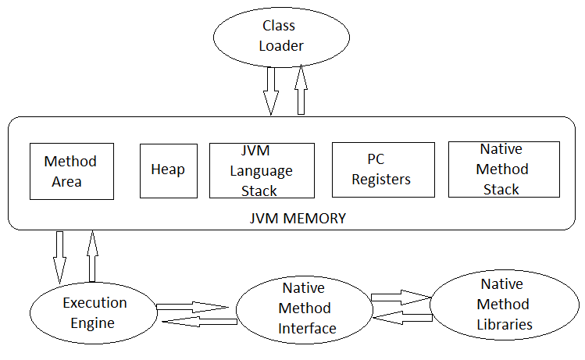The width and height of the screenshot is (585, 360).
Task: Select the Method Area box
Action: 70,171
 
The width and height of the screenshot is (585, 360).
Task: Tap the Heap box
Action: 168,169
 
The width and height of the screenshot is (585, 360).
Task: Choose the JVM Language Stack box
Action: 262,170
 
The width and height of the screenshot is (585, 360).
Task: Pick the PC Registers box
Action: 383,169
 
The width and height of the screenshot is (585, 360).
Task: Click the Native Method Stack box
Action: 504,169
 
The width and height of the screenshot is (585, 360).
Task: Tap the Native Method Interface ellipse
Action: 309,308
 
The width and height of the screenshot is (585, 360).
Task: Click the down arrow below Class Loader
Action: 271,91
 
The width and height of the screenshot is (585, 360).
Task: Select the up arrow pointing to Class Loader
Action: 301,91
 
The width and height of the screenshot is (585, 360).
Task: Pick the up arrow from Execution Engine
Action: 92,255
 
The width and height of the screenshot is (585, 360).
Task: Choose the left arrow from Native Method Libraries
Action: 401,315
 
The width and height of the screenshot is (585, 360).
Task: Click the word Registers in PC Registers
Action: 381,179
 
